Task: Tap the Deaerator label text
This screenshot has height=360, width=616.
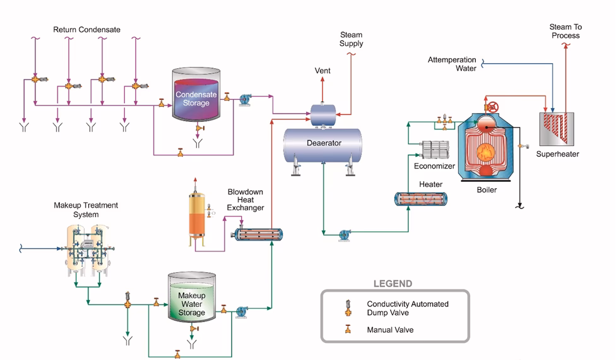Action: [x=324, y=143]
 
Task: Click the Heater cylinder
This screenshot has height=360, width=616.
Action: [x=422, y=200]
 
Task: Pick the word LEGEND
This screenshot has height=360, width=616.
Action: [x=393, y=284]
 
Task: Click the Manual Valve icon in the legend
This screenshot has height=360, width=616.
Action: [x=347, y=329]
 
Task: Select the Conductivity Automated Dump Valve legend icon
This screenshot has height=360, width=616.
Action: [x=347, y=307]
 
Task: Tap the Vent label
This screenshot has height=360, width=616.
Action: [x=323, y=71]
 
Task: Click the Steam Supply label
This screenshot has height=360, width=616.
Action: [x=352, y=39]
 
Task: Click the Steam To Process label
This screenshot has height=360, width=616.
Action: [x=565, y=32]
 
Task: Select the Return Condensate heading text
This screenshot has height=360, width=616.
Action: [x=86, y=30]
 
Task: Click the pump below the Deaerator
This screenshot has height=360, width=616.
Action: [x=345, y=234]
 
